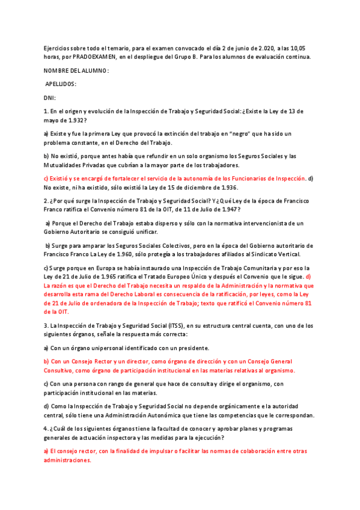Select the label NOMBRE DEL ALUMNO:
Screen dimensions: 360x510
[76, 71]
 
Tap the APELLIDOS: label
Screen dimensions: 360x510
[61, 84]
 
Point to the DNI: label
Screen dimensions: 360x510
[50, 97]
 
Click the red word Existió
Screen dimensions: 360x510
[61, 179]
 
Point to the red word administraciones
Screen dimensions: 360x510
[68, 460]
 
